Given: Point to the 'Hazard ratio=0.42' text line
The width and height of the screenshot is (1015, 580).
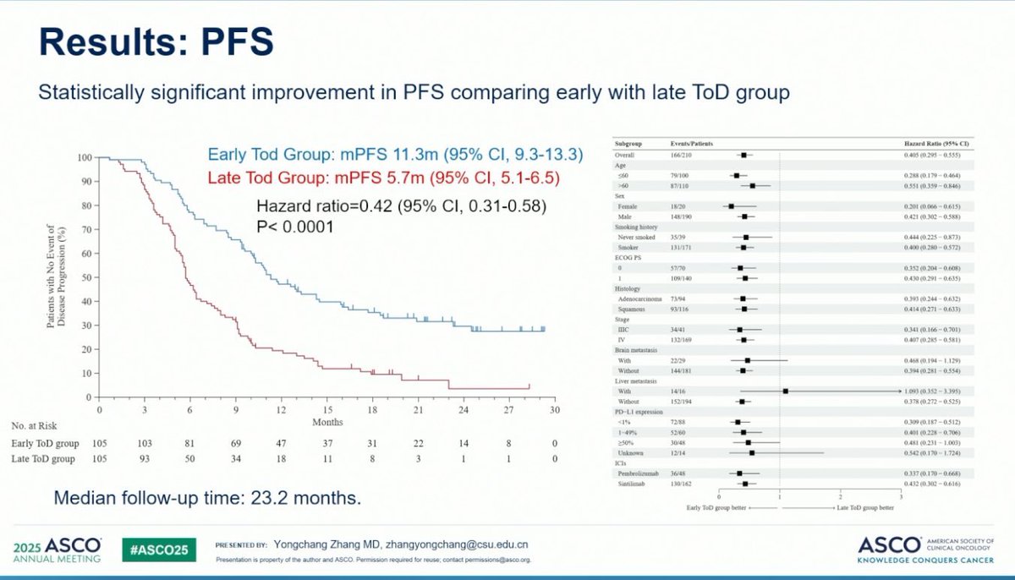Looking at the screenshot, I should coord(402,206).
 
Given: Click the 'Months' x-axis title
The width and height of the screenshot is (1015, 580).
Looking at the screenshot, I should coord(327,422).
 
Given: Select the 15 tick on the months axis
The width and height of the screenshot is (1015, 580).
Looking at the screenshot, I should coord(327,409).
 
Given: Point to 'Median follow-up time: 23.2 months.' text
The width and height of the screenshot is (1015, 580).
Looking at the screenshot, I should coord(207,499).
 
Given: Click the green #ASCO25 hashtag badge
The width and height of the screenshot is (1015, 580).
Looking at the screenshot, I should coord(159,549).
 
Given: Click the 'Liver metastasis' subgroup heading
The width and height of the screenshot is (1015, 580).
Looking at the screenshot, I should coord(638,382).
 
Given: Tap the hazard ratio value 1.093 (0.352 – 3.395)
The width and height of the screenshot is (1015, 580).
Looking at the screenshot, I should coord(935,391).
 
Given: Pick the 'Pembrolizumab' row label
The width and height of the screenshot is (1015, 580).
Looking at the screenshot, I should coord(642,473).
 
